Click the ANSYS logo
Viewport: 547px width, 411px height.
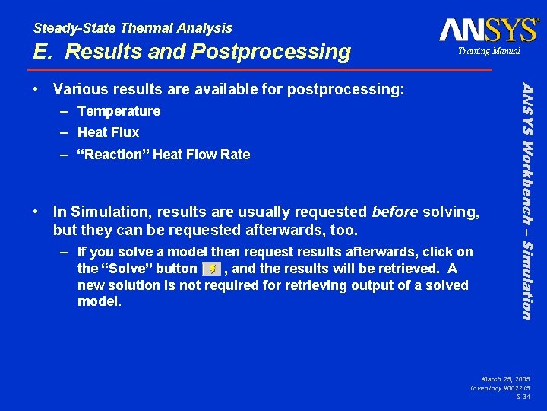[x=488, y=30]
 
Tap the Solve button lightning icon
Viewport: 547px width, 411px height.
[x=212, y=269]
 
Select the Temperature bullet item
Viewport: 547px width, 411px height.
[x=119, y=111]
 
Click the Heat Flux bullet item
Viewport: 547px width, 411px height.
[x=108, y=132]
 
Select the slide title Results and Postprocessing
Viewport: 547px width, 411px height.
[x=191, y=52]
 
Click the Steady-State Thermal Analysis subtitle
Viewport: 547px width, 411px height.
[x=133, y=28]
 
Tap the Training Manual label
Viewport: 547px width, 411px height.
[x=489, y=51]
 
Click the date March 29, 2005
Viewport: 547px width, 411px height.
[x=506, y=378]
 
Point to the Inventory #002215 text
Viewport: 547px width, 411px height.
[x=501, y=387]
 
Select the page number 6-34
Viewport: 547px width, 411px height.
[x=523, y=397]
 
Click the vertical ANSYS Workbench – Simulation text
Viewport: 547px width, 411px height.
[x=525, y=191]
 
